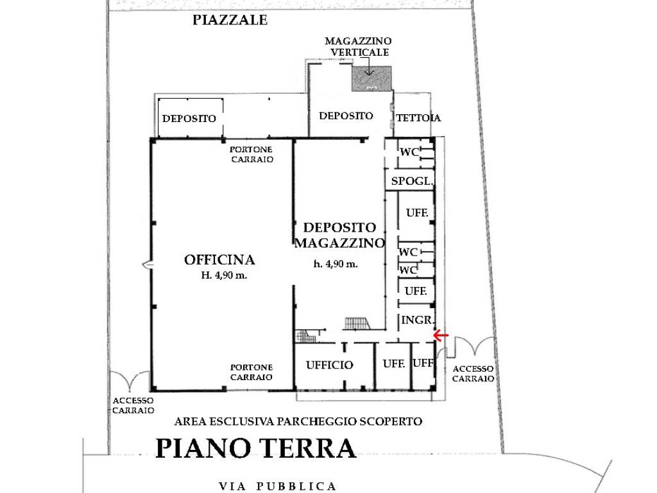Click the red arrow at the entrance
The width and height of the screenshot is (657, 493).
[441, 335]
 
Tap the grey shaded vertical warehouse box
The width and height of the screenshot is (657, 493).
[371, 78]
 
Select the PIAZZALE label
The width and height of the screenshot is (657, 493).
[230, 21]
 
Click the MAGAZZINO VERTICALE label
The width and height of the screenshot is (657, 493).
[358, 46]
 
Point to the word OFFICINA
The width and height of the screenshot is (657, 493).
[219, 260]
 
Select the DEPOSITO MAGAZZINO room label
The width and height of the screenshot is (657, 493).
[339, 235]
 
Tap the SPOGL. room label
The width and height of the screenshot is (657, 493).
[412, 182]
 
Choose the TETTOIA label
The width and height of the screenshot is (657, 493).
[418, 118]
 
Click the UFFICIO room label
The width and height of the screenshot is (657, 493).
[329, 365]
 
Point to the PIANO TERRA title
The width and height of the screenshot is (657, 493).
[255, 448]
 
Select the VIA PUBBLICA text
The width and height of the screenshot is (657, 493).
[277, 486]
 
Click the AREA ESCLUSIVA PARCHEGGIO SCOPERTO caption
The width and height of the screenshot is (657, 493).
[298, 422]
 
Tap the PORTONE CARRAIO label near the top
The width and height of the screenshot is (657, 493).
[252, 155]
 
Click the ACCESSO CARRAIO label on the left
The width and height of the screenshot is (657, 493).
[133, 405]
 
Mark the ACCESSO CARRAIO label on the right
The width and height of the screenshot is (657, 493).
[473, 374]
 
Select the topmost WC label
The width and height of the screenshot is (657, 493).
[409, 152]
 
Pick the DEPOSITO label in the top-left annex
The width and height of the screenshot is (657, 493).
[189, 119]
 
